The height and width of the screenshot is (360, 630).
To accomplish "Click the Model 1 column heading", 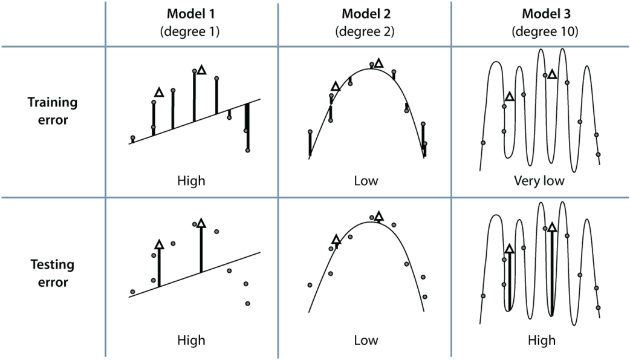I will (191, 13).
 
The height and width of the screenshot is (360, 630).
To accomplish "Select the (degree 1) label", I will (191, 31).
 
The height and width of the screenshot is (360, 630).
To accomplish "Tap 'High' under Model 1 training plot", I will (191, 180).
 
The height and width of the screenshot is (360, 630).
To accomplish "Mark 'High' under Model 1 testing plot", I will (191, 340).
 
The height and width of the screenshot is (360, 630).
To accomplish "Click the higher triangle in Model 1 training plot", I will (201, 71).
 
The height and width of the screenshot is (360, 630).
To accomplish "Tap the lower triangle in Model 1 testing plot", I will (159, 244).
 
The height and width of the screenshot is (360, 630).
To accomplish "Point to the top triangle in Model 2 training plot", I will (378, 63).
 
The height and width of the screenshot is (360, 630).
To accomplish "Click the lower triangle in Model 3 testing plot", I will (509, 249).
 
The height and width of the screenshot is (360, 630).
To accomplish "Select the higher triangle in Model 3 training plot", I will (551, 74).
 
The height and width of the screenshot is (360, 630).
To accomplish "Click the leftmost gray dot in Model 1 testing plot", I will (132, 292).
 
